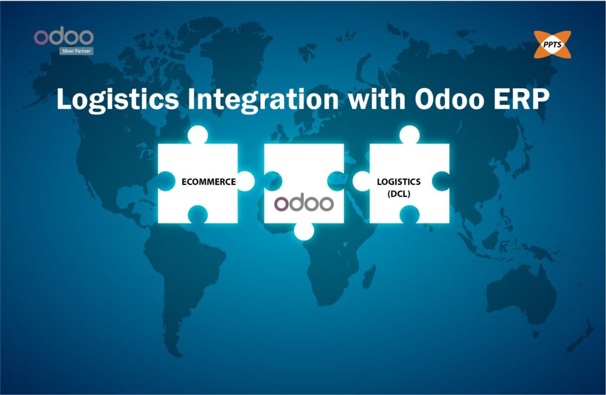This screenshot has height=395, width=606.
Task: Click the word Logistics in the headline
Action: tap(118, 99)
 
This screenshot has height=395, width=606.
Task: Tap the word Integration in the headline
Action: tap(263, 99)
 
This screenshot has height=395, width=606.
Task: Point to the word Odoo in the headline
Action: tap(450, 99)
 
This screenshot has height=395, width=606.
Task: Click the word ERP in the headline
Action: tap(521, 99)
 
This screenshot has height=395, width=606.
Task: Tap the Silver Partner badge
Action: tap(76, 51)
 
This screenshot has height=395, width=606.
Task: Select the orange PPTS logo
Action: tap(552, 45)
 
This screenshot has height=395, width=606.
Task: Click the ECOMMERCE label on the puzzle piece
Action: tap(209, 182)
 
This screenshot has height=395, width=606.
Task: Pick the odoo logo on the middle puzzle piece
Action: tap(304, 203)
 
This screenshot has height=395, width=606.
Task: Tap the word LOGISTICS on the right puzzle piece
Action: tap(399, 182)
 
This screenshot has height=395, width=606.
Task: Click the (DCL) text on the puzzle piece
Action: tap(399, 193)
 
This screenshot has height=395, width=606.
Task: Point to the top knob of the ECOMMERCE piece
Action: tap(198, 135)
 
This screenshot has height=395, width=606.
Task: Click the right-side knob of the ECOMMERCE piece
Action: tap(246, 181)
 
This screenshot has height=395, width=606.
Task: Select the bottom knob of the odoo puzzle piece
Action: tap(304, 231)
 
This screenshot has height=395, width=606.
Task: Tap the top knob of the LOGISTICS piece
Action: tap(410, 135)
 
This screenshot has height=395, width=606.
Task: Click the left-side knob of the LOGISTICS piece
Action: tap(362, 181)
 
